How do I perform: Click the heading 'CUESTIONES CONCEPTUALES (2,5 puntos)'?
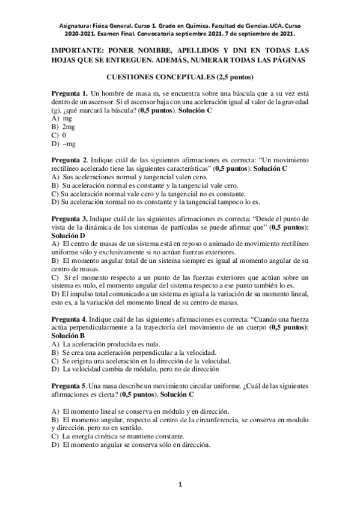[180, 77]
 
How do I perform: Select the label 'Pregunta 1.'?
[70, 93]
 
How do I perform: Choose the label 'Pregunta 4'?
[69, 318]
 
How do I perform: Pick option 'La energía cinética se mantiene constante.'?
[123, 436]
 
